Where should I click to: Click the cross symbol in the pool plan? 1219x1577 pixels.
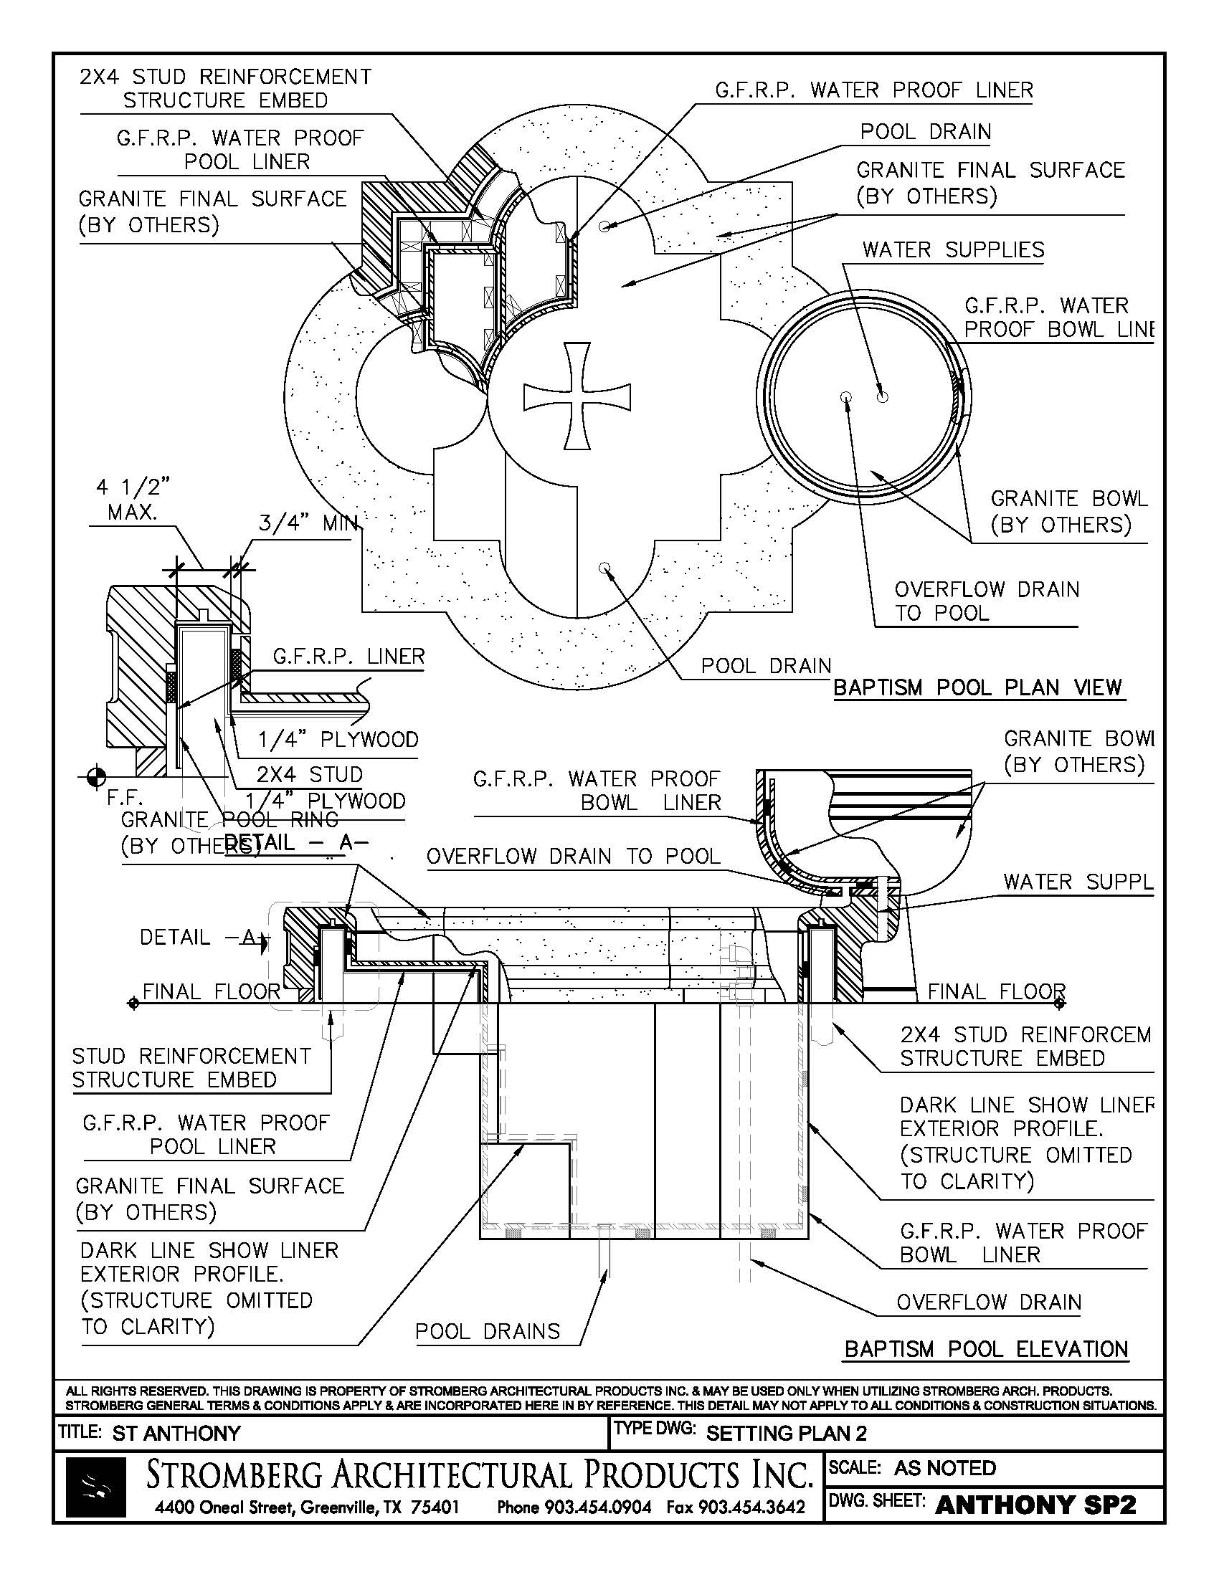pos(577,396)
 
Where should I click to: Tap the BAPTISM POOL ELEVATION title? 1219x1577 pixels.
pos(986,1349)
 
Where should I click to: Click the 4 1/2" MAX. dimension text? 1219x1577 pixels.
pos(133,500)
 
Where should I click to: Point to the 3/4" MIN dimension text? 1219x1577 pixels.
pos(308,523)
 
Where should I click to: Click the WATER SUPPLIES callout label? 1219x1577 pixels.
pos(952,250)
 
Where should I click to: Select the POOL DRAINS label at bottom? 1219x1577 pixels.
pos(488,1331)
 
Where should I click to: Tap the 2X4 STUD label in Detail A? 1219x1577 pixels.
pos(309,775)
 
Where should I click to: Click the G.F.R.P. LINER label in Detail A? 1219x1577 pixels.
pos(348,657)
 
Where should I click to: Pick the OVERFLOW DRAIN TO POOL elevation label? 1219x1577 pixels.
pos(574,857)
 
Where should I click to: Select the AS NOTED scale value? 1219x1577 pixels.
pos(944,1468)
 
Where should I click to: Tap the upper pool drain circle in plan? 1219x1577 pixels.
pos(604,226)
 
